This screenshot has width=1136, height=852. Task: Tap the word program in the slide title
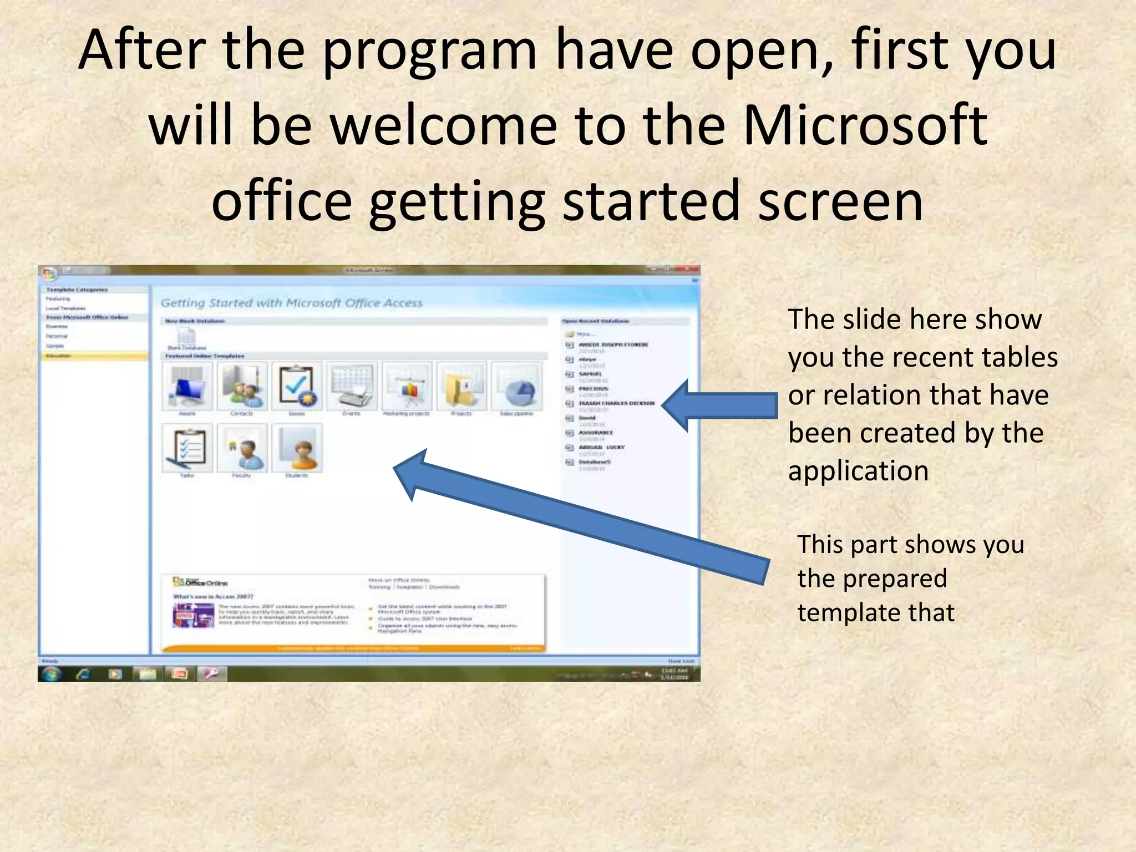(x=429, y=51)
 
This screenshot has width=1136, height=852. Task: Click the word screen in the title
(x=840, y=200)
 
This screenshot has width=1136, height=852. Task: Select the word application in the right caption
(x=858, y=471)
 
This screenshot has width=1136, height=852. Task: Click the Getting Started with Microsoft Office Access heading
(x=291, y=303)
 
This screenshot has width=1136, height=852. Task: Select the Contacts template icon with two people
(x=242, y=386)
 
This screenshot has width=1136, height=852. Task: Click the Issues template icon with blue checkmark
(x=297, y=386)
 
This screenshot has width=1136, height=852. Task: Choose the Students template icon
(x=297, y=448)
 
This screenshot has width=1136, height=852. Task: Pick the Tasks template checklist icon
(x=187, y=448)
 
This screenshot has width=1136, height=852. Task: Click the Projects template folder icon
(x=461, y=386)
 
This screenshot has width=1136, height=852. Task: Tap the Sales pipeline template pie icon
(x=516, y=386)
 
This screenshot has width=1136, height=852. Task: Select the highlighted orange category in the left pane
(x=95, y=356)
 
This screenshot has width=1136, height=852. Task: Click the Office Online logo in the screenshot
(x=200, y=582)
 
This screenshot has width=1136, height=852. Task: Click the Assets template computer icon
(x=187, y=386)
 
